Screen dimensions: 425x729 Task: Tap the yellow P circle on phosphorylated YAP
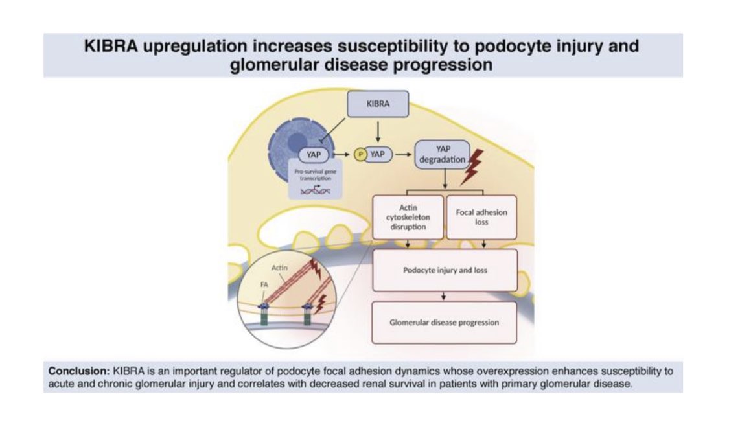point(360,155)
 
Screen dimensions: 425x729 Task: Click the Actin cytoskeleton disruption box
point(408,217)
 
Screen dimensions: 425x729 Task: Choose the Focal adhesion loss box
point(481,217)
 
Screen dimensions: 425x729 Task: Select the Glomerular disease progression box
point(444,322)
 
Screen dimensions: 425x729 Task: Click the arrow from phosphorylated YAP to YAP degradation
point(403,155)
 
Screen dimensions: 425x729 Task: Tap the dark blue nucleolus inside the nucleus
point(297,142)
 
